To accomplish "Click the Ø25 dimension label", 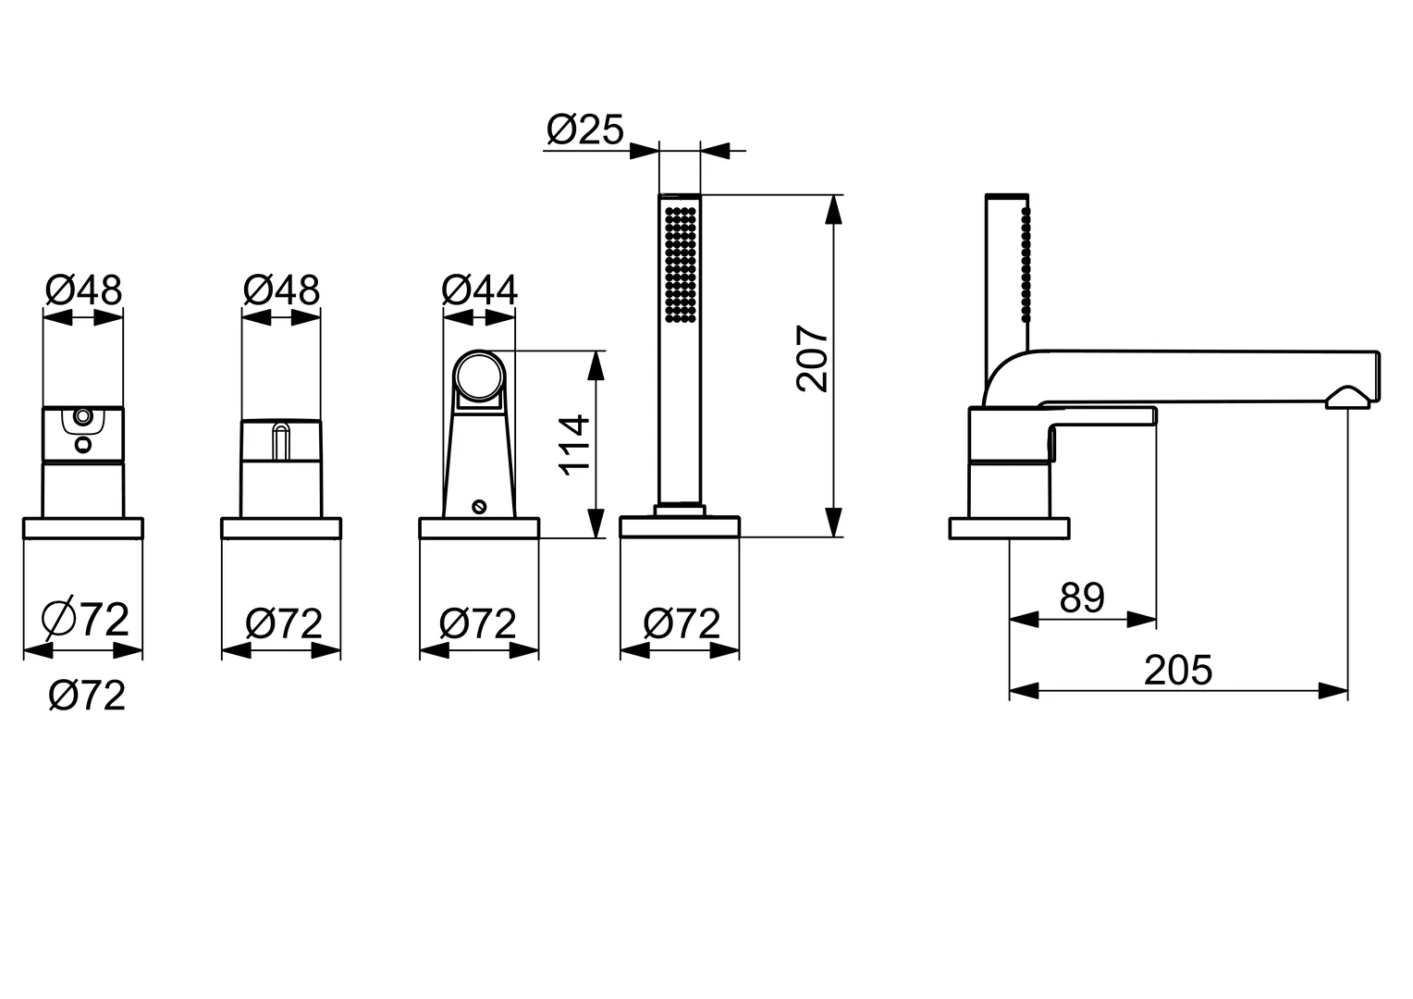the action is [x=584, y=130].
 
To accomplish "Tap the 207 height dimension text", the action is [x=813, y=359].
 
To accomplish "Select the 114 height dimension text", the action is [x=574, y=444].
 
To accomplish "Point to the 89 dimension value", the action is [x=1083, y=598].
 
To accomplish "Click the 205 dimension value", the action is [x=1178, y=671].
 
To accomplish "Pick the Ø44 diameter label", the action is [x=479, y=290].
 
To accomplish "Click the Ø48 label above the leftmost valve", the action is [x=84, y=290].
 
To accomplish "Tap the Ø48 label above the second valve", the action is [x=281, y=290].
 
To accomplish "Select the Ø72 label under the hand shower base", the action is [x=682, y=623].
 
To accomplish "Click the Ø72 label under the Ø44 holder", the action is [x=477, y=623].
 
